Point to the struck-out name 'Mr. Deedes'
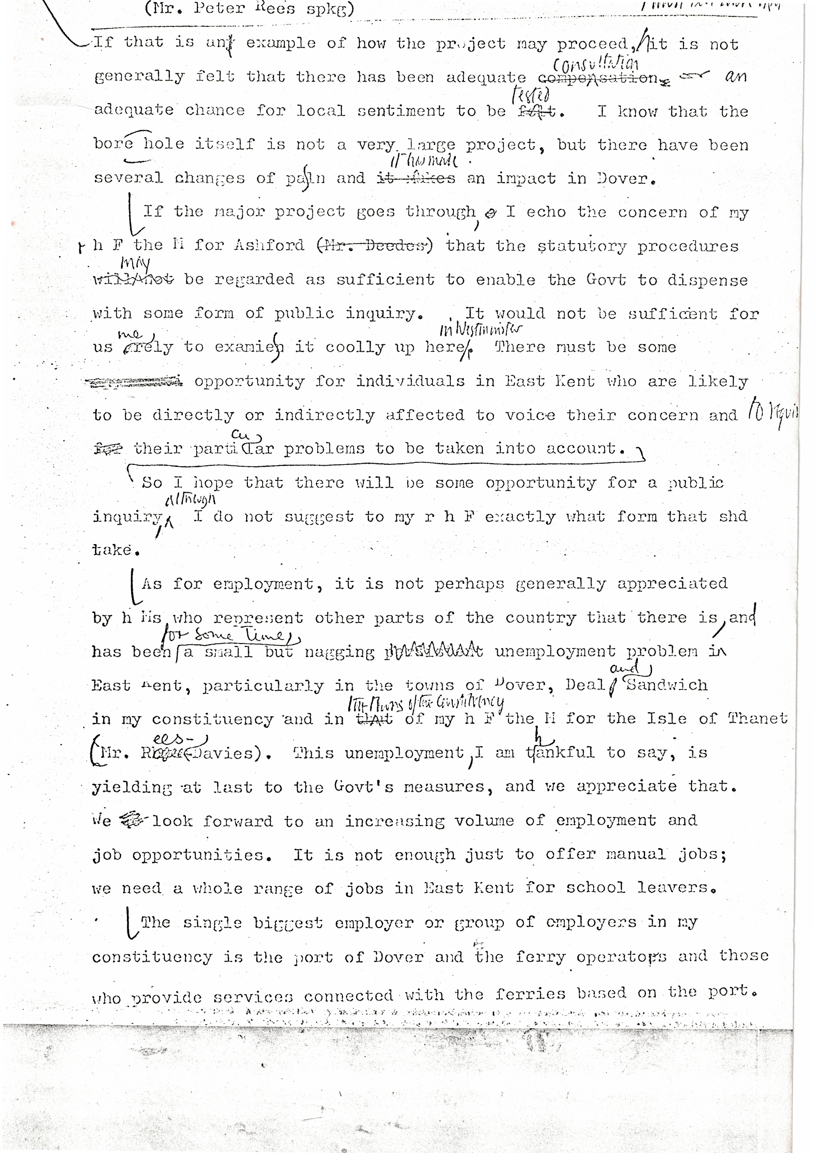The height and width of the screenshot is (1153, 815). (x=374, y=246)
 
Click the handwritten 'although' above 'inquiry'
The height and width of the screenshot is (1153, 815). (x=190, y=499)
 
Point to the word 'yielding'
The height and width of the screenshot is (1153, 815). (x=131, y=787)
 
